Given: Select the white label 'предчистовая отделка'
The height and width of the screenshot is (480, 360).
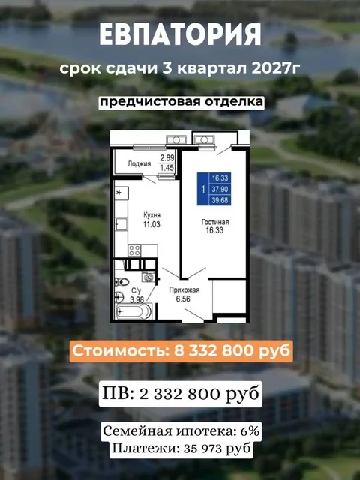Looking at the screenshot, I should (180, 101).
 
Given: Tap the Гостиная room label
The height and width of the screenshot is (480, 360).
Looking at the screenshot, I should (214, 223).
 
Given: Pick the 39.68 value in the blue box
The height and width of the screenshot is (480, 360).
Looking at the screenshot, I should (220, 200).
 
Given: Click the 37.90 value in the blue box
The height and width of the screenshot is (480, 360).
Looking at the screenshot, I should (220, 190).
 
